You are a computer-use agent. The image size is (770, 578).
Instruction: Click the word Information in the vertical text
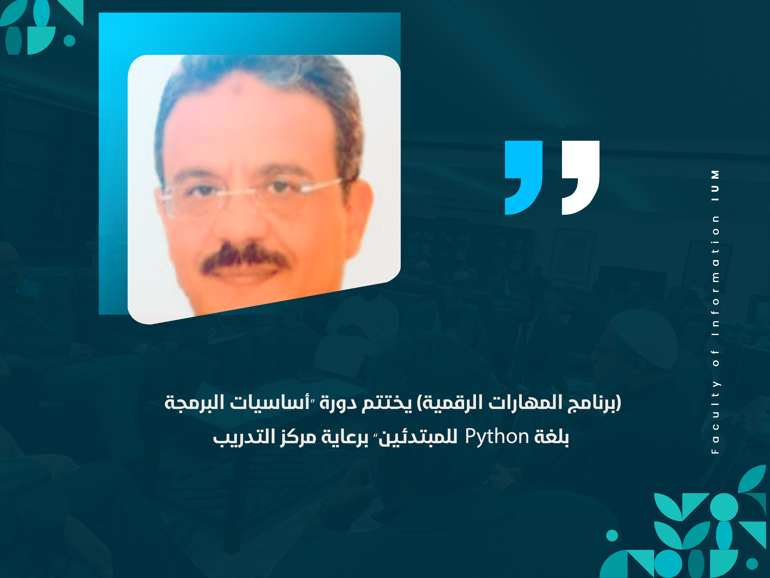click(x=715, y=275)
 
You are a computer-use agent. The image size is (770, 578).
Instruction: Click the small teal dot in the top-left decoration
click(x=70, y=40)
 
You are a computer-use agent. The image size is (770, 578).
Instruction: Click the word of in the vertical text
click(x=715, y=357)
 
